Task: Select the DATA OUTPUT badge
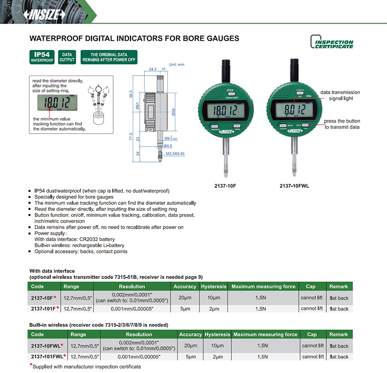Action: (67, 58)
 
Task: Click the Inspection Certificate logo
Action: (332, 42)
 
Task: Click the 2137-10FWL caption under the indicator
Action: (294, 186)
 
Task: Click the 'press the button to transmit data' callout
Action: (342, 124)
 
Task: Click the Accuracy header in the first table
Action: (184, 287)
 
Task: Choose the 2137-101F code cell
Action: (44, 309)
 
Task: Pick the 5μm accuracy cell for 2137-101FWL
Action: (190, 357)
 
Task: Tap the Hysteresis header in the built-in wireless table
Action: (217, 334)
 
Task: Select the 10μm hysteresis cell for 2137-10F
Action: (213, 297)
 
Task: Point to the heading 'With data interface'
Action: (52, 271)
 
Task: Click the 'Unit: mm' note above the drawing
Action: (176, 64)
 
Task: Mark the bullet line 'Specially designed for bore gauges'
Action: (74, 197)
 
